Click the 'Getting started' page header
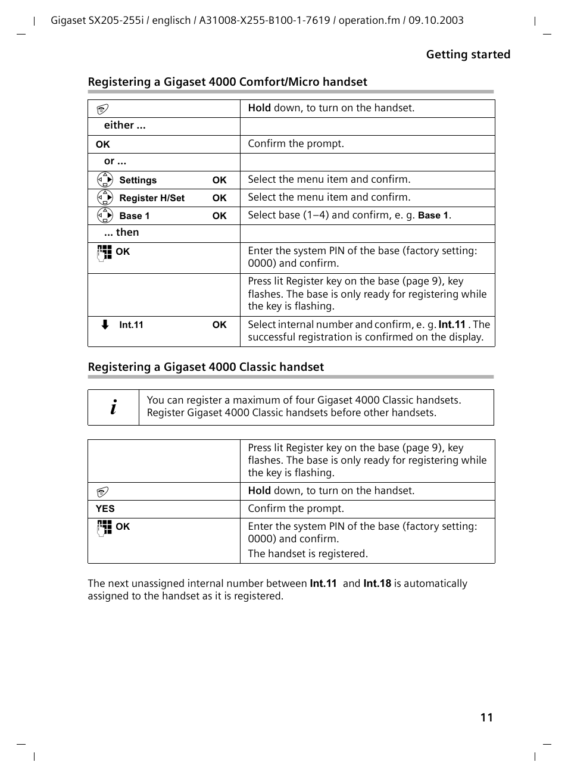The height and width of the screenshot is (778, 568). click(x=468, y=54)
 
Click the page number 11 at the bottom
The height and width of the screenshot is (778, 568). click(x=486, y=717)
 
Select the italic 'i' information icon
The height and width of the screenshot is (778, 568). click(x=114, y=407)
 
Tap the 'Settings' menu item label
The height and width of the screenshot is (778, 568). click(x=138, y=180)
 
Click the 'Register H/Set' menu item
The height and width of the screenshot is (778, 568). click(x=152, y=198)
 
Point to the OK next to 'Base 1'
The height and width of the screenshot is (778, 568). click(x=219, y=215)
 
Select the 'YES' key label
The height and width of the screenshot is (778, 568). click(x=105, y=508)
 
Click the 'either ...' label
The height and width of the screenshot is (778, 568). click(x=124, y=125)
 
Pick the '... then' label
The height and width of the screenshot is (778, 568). click(x=121, y=232)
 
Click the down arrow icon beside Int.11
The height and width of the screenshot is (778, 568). click(x=105, y=324)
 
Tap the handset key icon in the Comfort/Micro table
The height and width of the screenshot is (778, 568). click(x=103, y=109)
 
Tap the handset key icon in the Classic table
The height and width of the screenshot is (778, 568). click(x=103, y=492)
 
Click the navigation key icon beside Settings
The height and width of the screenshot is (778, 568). click(x=105, y=179)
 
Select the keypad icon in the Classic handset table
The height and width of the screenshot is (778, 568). click(x=105, y=527)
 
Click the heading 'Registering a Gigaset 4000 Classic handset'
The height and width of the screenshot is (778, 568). click(x=206, y=367)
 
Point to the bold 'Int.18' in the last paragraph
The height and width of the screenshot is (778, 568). click(x=377, y=583)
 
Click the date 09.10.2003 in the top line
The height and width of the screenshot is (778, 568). click(x=436, y=20)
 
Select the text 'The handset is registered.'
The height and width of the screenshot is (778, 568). click(x=308, y=554)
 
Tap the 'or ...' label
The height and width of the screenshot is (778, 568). click(x=115, y=161)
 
